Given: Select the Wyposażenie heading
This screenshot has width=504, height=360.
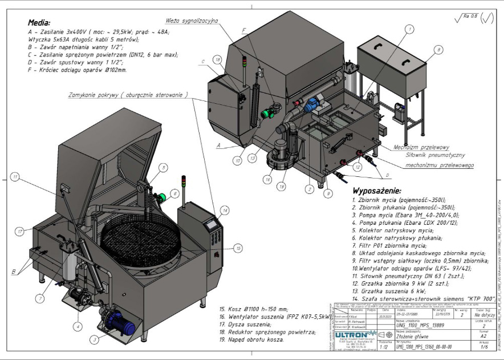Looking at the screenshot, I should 377,190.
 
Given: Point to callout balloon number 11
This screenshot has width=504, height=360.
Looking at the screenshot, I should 15,176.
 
